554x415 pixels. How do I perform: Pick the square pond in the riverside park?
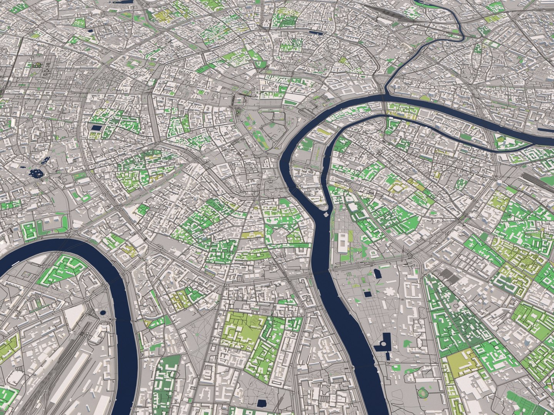click(x=368, y=294)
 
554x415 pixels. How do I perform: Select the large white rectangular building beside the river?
click(x=341, y=242)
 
